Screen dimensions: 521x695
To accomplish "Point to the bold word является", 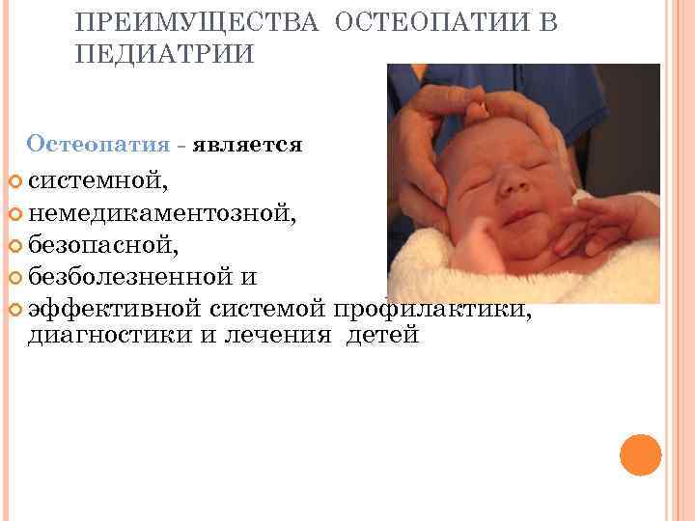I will tap(248, 146).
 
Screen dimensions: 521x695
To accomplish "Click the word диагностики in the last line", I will tap(97, 337).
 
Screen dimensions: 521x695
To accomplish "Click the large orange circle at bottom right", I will tap(640, 454).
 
